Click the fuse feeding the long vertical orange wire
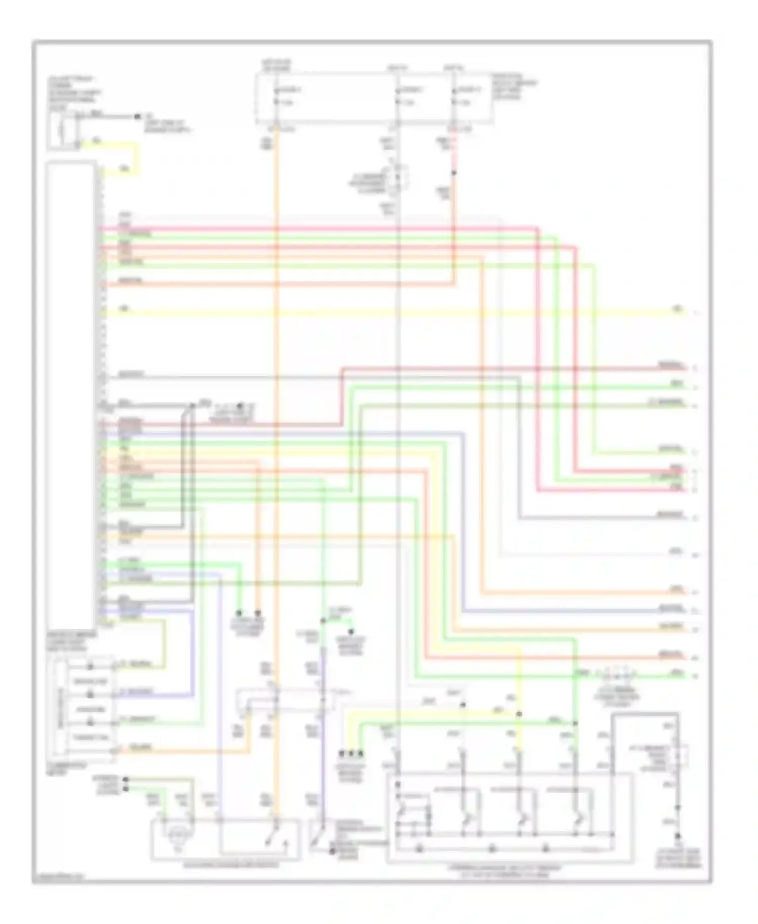276,96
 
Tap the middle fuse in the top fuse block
398,96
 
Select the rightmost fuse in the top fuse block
454,96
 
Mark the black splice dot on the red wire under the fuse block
454,173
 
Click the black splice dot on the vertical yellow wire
518,715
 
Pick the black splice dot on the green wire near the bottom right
575,723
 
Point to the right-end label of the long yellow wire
677,309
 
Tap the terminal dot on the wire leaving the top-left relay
137,117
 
